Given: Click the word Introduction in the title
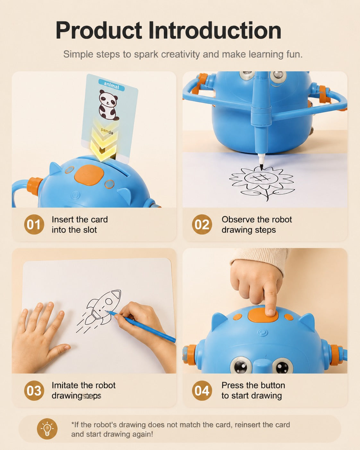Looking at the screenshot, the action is click(x=215, y=30).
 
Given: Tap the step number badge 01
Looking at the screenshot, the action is click(x=34, y=225).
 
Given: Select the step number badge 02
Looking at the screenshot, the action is click(x=202, y=225).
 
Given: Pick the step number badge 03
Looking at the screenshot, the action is click(x=34, y=390).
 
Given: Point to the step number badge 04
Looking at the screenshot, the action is click(x=202, y=390).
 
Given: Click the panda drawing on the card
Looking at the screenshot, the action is click(x=108, y=106).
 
